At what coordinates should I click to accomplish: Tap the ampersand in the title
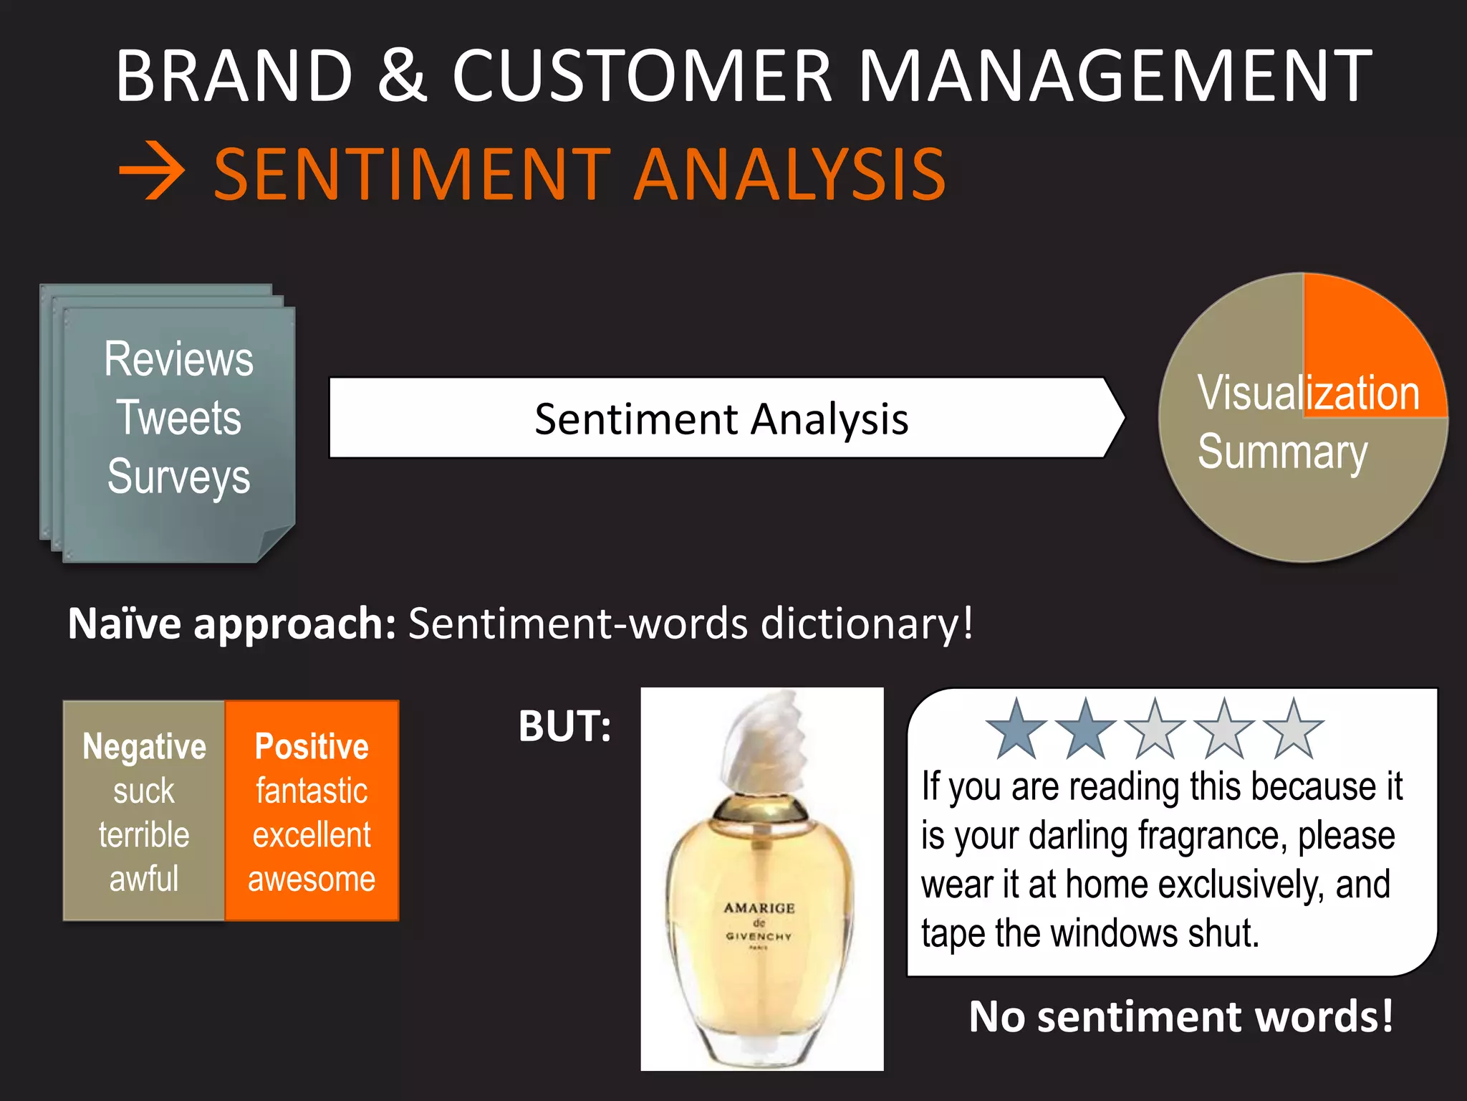(x=402, y=75)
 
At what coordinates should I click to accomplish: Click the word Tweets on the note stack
(x=179, y=418)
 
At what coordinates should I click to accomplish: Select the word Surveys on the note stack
(x=179, y=477)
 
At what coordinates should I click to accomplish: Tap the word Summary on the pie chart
(x=1282, y=453)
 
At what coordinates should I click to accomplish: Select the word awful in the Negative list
(x=144, y=879)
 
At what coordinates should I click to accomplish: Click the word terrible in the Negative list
(x=144, y=835)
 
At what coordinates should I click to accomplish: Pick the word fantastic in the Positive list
(x=312, y=791)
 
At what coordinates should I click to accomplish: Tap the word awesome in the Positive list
(x=312, y=879)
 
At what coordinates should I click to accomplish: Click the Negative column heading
(x=144, y=747)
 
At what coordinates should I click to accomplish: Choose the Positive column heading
(x=312, y=747)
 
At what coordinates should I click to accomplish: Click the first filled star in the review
(x=1016, y=730)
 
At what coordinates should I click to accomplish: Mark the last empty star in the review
(x=1294, y=730)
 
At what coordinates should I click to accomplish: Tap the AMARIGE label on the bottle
(x=759, y=908)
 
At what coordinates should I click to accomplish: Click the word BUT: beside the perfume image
(x=565, y=727)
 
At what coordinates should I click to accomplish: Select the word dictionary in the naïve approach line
(x=865, y=624)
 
